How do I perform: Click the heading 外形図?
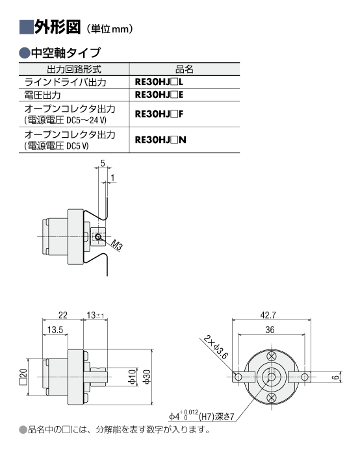pyautogui.click(x=57, y=27)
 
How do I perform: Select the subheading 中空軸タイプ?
pyautogui.click(x=66, y=53)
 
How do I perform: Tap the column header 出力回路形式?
pyautogui.click(x=74, y=69)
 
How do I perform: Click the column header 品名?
pyautogui.click(x=185, y=69)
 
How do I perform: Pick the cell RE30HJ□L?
pyautogui.click(x=159, y=82)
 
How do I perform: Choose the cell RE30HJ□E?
pyautogui.click(x=159, y=95)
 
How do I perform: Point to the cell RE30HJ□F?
pyautogui.click(x=159, y=114)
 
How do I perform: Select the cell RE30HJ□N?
pyautogui.click(x=161, y=140)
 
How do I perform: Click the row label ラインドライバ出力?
pyautogui.click(x=66, y=82)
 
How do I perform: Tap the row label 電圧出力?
pyautogui.click(x=43, y=95)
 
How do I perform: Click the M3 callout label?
pyautogui.click(x=117, y=245)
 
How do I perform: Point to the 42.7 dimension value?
pyautogui.click(x=268, y=315)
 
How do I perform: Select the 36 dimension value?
pyautogui.click(x=270, y=330)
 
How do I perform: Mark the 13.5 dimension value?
pyautogui.click(x=55, y=330)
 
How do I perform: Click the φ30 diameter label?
pyautogui.click(x=147, y=377)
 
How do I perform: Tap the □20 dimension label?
pyautogui.click(x=23, y=377)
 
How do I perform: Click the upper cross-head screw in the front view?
pyautogui.click(x=272, y=356)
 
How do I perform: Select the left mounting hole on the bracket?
pyautogui.click(x=238, y=377)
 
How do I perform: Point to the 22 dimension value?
pyautogui.click(x=63, y=315)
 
